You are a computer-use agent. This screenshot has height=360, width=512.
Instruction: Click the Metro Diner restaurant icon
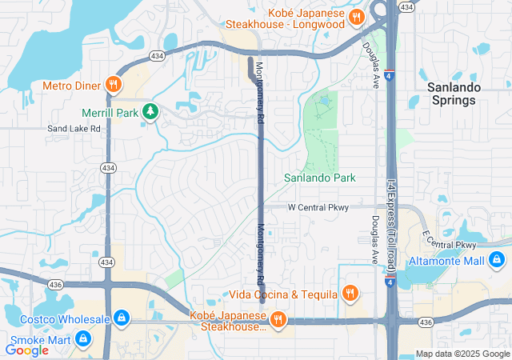tap(114, 85)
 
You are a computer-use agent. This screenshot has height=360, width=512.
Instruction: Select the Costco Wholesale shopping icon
tap(121, 319)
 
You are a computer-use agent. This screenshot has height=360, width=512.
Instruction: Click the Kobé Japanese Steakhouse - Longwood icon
tap(358, 16)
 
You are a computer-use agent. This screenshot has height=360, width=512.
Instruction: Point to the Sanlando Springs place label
tap(451, 94)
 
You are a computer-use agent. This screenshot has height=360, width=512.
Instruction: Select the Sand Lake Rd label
tap(74, 128)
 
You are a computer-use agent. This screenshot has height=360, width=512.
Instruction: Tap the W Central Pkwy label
tap(318, 207)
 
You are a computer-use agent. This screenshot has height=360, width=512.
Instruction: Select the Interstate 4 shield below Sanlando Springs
tap(388, 78)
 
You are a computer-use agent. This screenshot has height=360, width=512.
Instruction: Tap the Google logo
tap(27, 350)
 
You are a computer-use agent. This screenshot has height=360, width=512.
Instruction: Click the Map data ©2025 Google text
tap(462, 354)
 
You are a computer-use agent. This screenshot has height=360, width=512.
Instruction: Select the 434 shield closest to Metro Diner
tap(157, 55)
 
